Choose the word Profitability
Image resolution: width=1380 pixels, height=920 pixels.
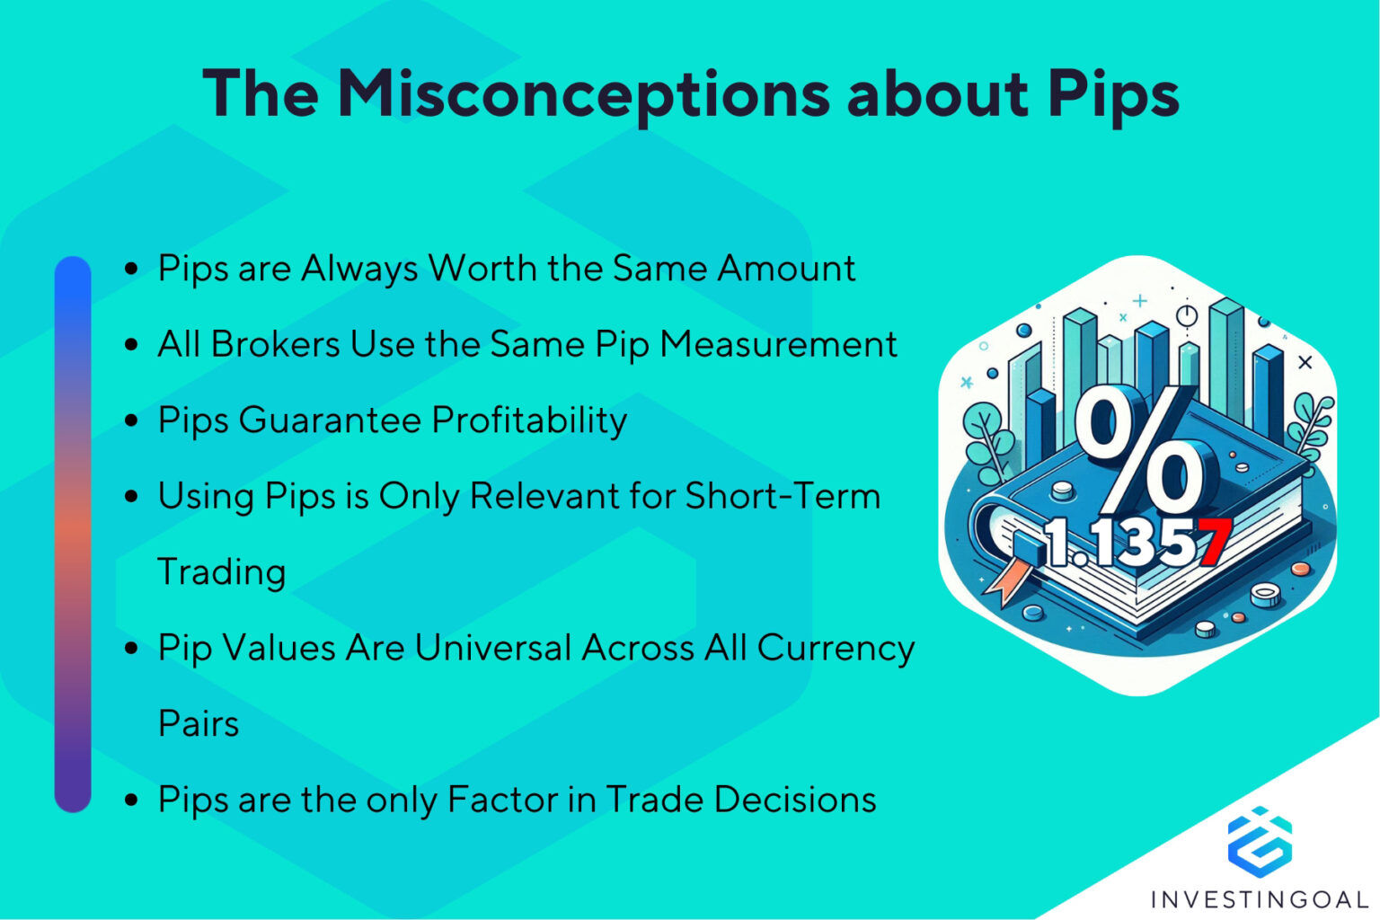point(529,420)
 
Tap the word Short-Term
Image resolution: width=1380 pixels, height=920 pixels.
point(783,496)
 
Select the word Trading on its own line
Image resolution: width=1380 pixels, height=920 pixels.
point(222,572)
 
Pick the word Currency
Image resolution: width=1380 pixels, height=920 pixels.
point(836,649)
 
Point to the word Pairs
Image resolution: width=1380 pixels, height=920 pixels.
point(199,724)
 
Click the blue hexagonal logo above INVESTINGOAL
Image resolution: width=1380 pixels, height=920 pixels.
point(1260,842)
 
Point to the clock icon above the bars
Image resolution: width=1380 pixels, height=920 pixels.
point(1187,315)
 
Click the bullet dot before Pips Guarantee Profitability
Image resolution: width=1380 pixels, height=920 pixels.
point(132,420)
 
